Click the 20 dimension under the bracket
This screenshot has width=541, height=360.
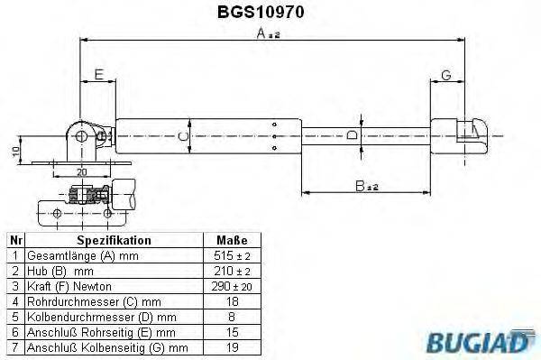click(81, 171)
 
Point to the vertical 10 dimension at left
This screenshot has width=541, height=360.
click(15, 150)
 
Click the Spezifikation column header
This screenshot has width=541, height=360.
click(115, 241)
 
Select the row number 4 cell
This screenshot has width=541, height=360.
click(14, 301)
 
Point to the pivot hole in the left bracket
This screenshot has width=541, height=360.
click(82, 135)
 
